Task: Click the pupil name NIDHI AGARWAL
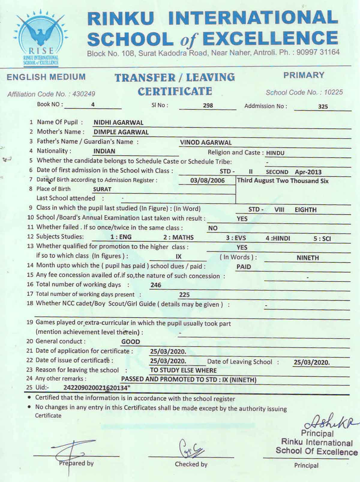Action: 118,123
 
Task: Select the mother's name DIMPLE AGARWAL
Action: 121,132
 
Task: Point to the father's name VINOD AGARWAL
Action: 206,143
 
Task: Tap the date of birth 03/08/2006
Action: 207,180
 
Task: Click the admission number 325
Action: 323,106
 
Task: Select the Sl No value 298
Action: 208,105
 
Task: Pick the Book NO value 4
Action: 93,105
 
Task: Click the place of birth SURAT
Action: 102,189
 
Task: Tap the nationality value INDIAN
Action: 104,151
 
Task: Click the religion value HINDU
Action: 275,153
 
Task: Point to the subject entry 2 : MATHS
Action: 178,238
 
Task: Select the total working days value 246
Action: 156,285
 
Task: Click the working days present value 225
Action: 184,295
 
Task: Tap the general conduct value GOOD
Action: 130,342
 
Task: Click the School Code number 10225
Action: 333,92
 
